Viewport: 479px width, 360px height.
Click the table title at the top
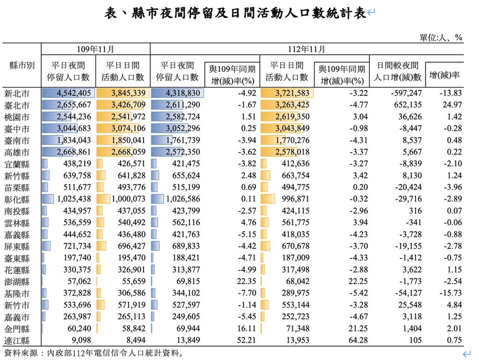(235, 13)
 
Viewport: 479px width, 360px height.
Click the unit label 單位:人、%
(441, 37)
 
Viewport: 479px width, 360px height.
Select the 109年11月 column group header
(95, 49)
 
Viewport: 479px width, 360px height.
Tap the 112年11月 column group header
(307, 49)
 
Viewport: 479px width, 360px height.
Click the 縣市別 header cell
(22, 65)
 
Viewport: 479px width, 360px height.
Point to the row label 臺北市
(17, 105)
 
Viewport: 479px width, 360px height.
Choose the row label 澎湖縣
(17, 281)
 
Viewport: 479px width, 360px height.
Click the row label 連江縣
(17, 340)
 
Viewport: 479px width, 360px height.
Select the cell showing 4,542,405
(73, 93)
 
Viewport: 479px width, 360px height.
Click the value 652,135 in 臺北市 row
(407, 105)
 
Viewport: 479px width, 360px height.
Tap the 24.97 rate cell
(452, 105)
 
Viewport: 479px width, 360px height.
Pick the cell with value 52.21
(246, 340)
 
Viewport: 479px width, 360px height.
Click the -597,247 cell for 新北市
(406, 93)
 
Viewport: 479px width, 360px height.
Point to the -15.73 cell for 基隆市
(450, 293)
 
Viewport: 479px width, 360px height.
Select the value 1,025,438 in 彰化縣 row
(74, 199)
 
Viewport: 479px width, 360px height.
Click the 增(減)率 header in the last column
(444, 75)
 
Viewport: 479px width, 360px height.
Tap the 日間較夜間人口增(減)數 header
(398, 71)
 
